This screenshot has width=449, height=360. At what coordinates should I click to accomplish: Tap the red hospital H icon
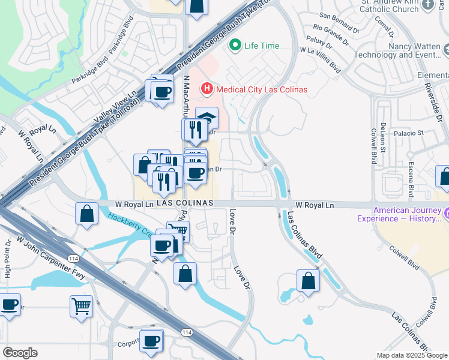pyautogui.click(x=207, y=89)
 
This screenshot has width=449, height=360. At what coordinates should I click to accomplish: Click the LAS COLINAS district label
pyautogui.click(x=185, y=203)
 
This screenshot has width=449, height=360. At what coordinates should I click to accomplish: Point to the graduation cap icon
pyautogui.click(x=207, y=117)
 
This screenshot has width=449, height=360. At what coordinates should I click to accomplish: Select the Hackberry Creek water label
pyautogui.click(x=128, y=224)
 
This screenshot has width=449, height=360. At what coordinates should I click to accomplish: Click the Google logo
pyautogui.click(x=20, y=353)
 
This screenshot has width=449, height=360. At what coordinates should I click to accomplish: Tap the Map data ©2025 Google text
pyautogui.click(x=412, y=355)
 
